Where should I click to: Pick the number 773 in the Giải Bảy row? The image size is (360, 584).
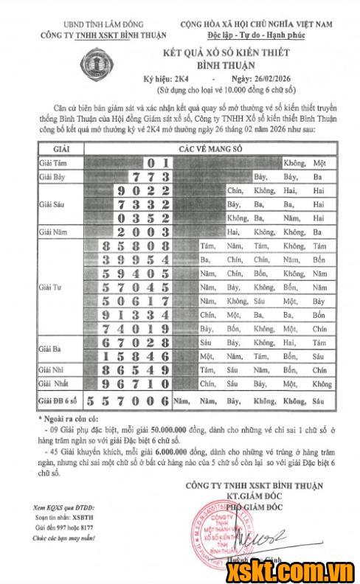(150, 177)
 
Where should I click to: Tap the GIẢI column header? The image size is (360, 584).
(60, 148)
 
